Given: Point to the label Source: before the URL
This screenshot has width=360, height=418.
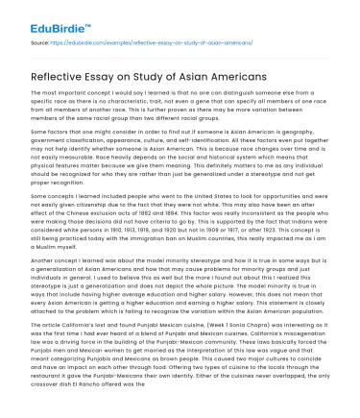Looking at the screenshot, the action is coord(42,44).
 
